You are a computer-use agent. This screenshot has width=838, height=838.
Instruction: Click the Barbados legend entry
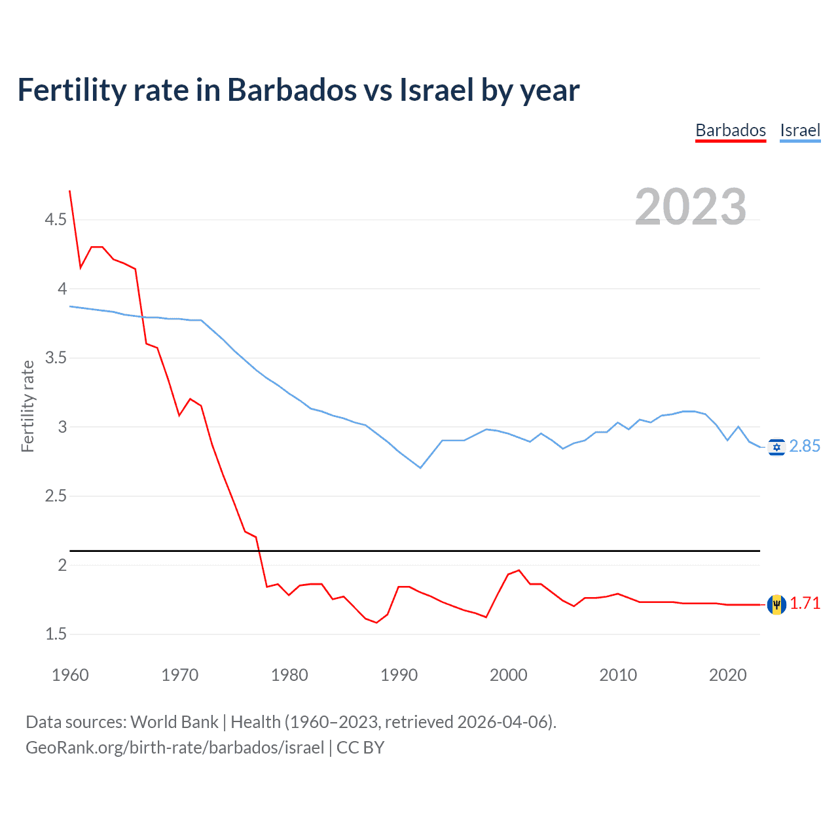(730, 130)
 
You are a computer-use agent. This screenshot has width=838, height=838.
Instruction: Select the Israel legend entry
(800, 130)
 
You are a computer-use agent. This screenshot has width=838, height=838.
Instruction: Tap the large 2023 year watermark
(691, 207)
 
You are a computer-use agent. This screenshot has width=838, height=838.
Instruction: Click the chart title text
(299, 90)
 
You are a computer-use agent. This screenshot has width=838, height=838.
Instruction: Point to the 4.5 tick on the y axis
(56, 219)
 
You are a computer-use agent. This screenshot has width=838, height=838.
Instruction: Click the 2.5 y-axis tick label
(56, 496)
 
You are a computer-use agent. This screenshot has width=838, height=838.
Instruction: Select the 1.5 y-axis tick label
(56, 634)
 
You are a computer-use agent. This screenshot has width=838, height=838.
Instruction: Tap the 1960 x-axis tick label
(70, 675)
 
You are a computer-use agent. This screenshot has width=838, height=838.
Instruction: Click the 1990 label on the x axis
(399, 675)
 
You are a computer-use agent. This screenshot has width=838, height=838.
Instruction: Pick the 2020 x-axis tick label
(727, 675)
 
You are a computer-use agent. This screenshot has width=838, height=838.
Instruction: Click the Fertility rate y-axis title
(27, 406)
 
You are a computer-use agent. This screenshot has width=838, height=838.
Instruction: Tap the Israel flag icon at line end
(776, 447)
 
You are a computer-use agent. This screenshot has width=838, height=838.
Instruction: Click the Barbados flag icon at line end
(776, 604)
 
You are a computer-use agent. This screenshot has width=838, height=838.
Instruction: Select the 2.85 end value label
(805, 446)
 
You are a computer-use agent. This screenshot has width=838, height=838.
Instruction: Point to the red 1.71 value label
(805, 604)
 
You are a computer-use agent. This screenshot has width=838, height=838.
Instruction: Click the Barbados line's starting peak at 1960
(70, 191)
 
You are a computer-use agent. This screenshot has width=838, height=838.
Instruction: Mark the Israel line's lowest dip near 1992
(420, 467)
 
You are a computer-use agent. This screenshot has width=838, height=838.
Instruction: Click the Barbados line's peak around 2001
(519, 570)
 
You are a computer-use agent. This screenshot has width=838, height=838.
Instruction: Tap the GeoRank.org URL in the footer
(175, 748)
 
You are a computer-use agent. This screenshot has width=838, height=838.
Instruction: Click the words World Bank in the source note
(174, 722)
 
